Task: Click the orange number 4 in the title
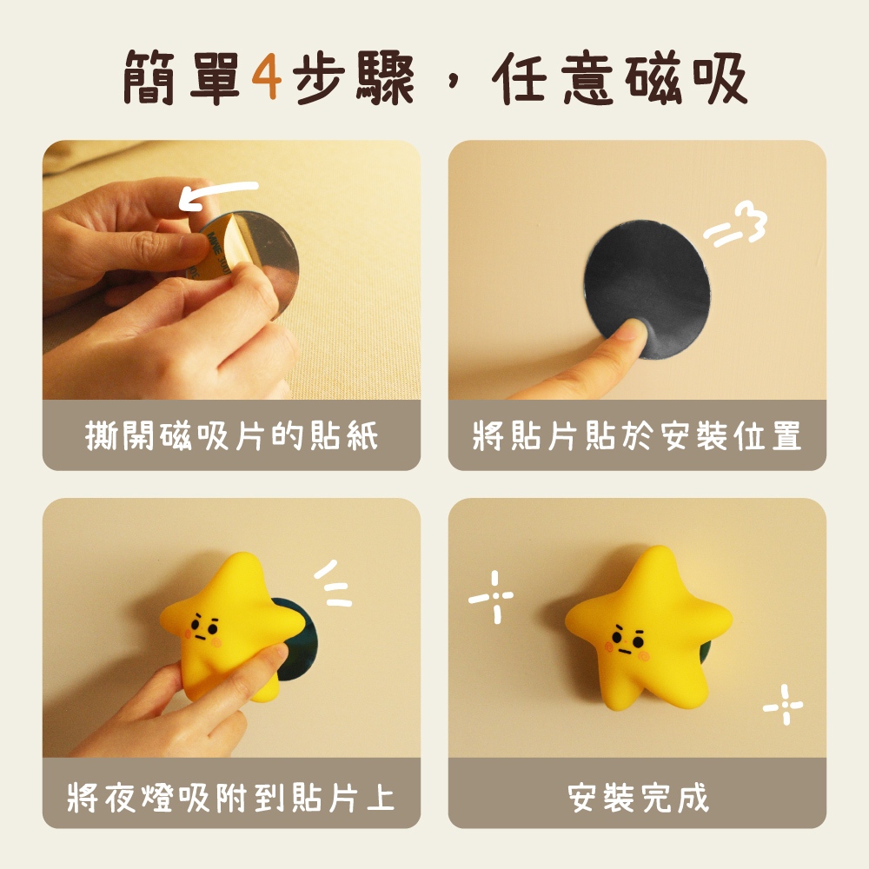coord(267,76)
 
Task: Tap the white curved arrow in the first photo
coord(217,192)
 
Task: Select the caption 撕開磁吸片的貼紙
coord(232,435)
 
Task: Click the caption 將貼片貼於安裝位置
coord(637,435)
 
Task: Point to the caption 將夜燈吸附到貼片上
coord(231,797)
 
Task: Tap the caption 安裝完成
coord(638,797)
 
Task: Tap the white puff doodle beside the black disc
coord(737,224)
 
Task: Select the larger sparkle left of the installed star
coord(492,597)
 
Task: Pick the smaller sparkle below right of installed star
coord(784,705)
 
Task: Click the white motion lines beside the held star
coord(334,584)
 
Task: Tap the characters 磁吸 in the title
coord(687,77)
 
